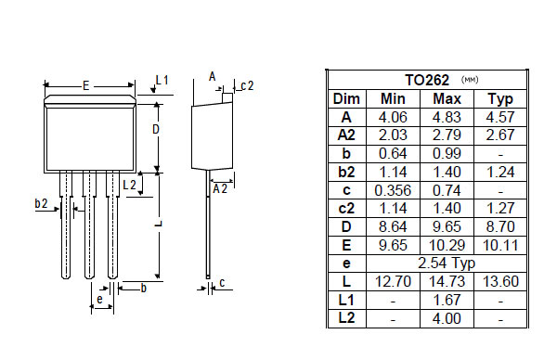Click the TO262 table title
tap(427, 80)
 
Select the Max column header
tap(447, 98)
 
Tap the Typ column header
tap(500, 99)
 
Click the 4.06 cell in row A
tap(393, 117)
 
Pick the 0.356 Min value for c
tap(393, 190)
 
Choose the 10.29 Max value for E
tap(447, 245)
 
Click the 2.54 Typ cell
tap(447, 264)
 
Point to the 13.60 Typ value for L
tap(500, 281)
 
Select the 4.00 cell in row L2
tap(447, 318)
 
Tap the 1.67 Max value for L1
tap(447, 300)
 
